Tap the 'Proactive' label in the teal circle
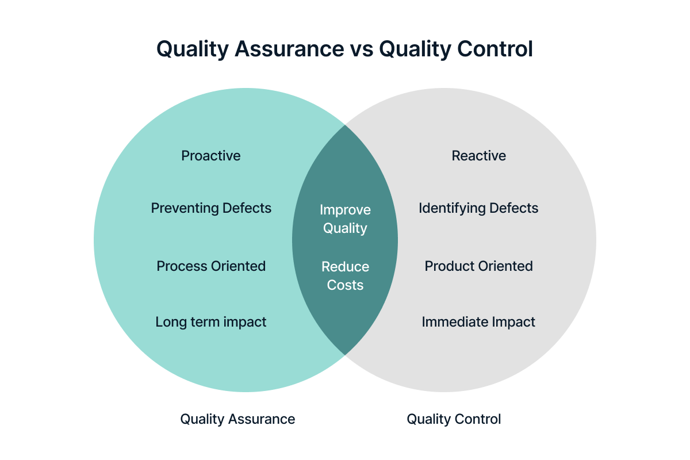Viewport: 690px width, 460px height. coord(210,156)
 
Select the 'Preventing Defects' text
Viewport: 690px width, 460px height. coord(211,208)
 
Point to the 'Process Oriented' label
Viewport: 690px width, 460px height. coord(211,266)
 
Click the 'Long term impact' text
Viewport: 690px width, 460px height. coord(210,322)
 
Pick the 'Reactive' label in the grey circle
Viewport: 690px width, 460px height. coord(478,156)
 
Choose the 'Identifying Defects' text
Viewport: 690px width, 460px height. coord(478,209)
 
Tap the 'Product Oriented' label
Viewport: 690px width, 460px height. coord(478,266)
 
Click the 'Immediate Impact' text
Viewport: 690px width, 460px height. coord(478,322)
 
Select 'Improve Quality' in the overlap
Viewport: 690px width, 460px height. coord(345,219)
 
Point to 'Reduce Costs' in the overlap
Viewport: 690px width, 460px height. coord(346,276)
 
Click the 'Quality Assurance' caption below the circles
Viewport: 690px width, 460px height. coord(237,420)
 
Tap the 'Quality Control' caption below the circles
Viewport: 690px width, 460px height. coord(454,420)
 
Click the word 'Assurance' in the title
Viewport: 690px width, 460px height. coord(289,49)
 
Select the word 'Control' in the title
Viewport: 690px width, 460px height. coord(495,49)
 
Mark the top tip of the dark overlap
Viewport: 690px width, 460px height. coord(345,125)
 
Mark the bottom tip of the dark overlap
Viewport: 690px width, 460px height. coord(345,355)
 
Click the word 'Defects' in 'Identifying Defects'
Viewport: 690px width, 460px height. coord(514,208)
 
